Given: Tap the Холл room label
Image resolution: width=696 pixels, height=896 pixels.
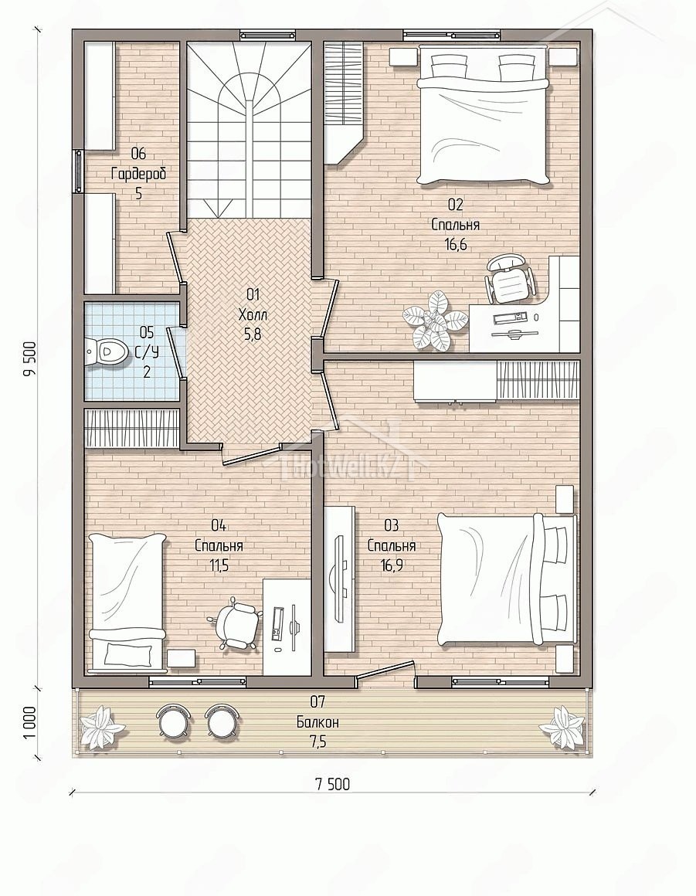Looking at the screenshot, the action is pos(253,314).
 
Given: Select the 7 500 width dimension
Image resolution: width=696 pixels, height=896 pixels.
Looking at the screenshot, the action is pos(332,784).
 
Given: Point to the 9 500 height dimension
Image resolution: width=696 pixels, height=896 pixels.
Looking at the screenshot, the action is pos(29,359).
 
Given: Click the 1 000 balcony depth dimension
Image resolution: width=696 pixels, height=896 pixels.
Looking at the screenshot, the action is pos(29,723).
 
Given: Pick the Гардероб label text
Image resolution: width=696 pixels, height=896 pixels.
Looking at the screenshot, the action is pos(139,174).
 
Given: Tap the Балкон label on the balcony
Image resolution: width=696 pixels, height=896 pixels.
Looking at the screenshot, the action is pos(317,722).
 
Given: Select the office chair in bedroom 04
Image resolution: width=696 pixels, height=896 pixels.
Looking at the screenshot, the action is pos(235,623).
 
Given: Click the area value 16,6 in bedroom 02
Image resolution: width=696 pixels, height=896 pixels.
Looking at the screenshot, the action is pos(456,245).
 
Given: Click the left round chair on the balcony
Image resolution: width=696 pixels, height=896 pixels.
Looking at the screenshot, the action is pos(172,722).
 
